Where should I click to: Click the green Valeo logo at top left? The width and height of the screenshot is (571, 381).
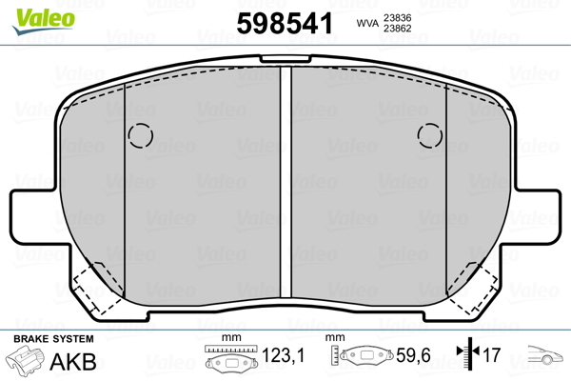(x=44, y=21)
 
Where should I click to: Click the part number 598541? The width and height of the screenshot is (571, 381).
(x=285, y=23)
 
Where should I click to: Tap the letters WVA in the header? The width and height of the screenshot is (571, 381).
(x=367, y=23)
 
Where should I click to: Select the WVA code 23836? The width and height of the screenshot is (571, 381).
(x=397, y=17)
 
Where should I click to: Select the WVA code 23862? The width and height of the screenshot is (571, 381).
(x=397, y=29)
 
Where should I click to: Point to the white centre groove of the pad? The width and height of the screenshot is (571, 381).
(x=285, y=182)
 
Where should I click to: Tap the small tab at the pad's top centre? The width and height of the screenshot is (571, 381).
(x=285, y=59)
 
